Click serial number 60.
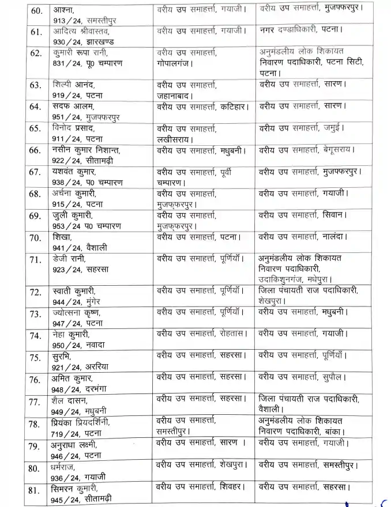35,12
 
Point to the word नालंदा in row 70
336,236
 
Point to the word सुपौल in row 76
333,378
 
